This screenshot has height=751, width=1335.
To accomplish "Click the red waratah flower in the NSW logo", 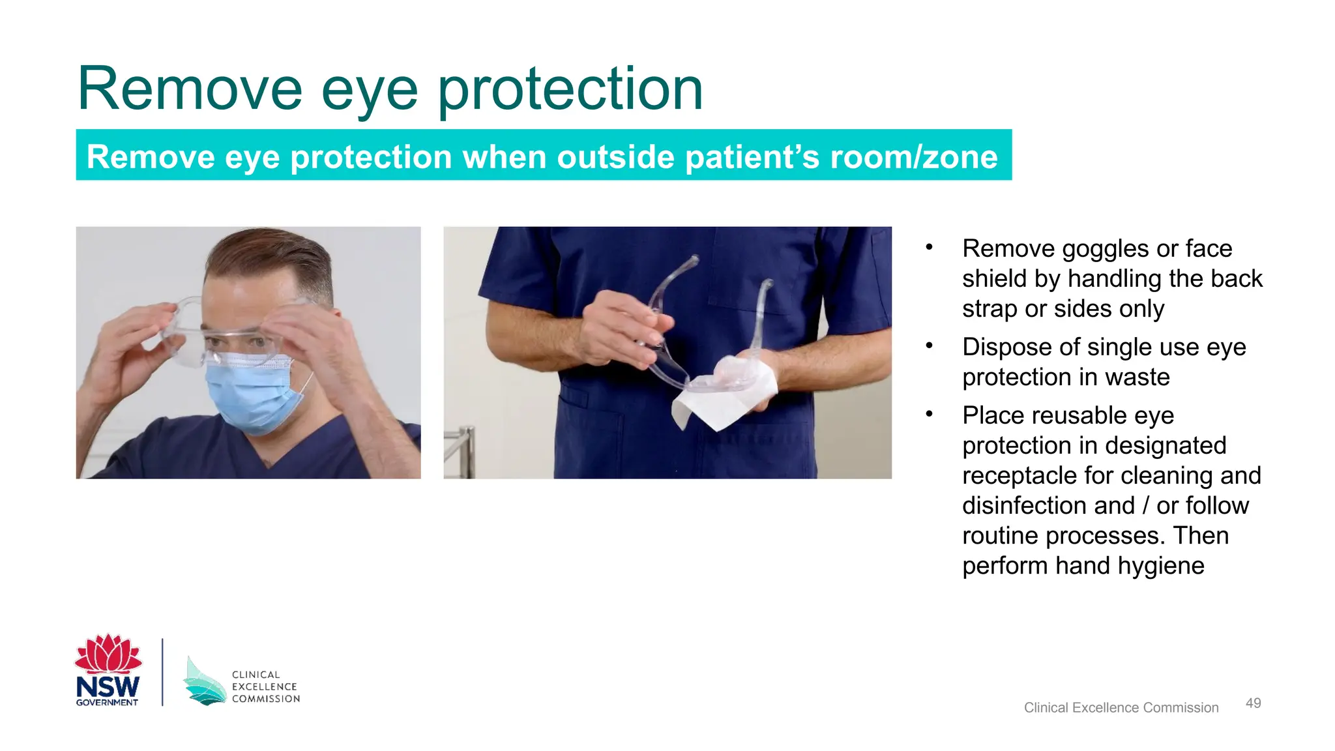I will (108, 654).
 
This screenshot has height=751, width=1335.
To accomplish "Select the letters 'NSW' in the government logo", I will (108, 686).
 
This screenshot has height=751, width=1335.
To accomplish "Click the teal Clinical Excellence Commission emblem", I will (203, 683).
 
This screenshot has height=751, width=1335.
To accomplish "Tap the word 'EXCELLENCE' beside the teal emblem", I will (264, 686).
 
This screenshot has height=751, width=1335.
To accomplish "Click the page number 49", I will (1253, 703).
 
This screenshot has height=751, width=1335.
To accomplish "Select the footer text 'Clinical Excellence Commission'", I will (1121, 707).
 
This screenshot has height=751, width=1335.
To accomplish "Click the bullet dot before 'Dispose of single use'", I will (930, 346).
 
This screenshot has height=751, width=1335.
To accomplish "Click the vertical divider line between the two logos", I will (162, 672).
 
